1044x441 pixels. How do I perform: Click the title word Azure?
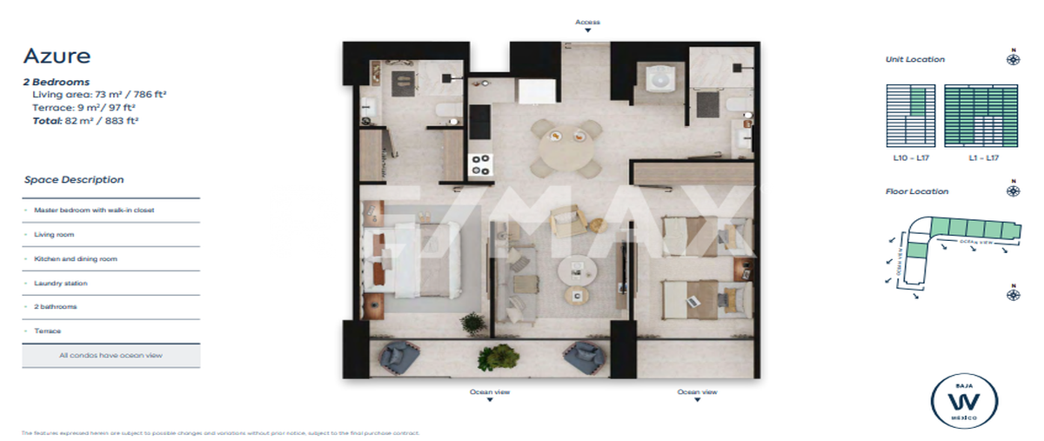[57, 57]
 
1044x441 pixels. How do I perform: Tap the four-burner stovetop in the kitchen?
[480, 164]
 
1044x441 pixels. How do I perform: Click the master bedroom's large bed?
[408, 262]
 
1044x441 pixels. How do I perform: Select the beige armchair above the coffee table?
[569, 224]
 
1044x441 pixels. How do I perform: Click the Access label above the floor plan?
[587, 22]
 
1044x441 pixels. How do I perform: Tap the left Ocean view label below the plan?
[490, 392]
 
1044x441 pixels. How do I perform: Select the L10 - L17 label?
[910, 158]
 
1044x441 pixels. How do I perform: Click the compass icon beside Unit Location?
[1014, 59]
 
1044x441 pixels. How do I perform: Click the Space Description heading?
[74, 180]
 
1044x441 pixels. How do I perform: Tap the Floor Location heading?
[917, 191]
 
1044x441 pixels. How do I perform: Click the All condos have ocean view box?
[111, 355]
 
